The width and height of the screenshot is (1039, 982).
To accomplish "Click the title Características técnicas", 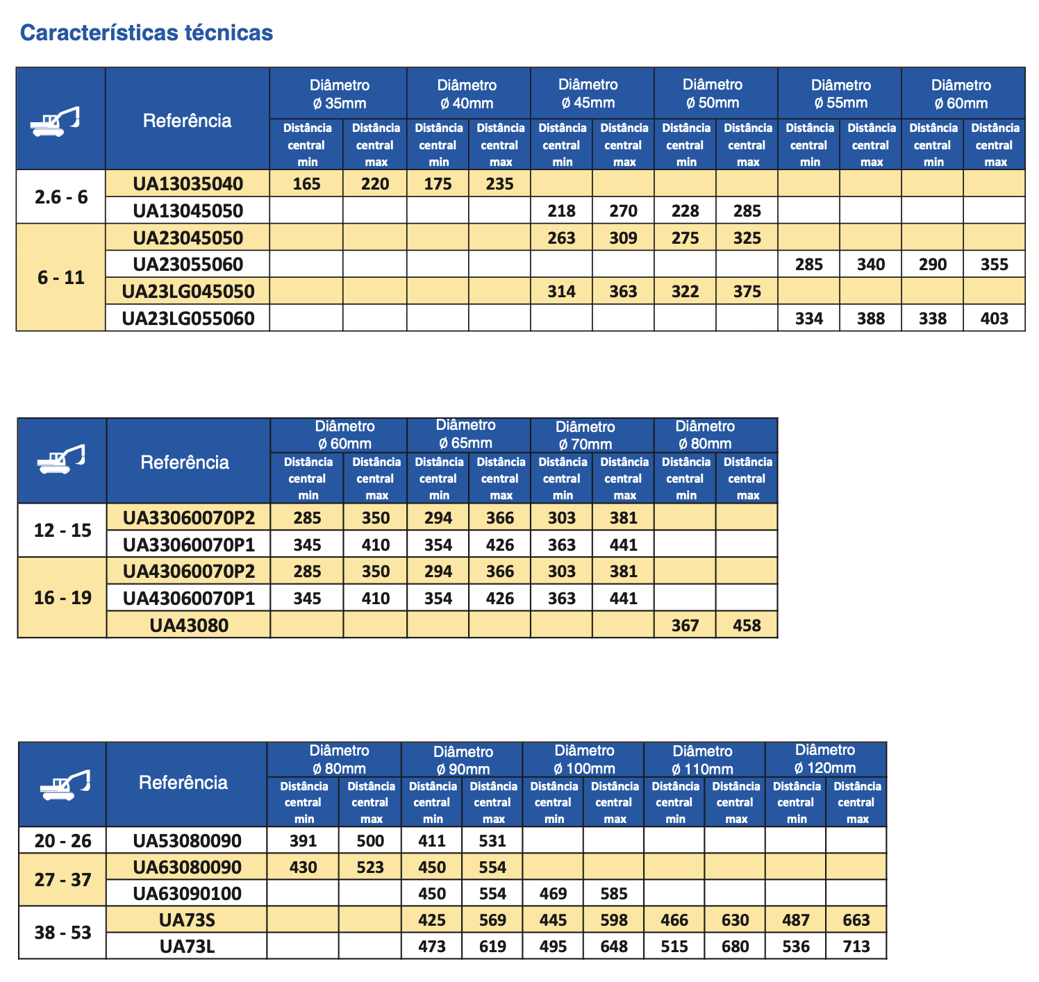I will pos(147,33).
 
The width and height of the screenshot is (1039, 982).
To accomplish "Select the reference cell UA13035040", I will pos(188,184).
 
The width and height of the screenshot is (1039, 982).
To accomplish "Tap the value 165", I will pos(306,184).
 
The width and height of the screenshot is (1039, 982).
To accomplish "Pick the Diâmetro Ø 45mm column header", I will pos(588,94).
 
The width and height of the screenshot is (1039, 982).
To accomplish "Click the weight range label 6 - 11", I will pos(61,278).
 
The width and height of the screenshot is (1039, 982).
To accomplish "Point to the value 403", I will pos(994,319).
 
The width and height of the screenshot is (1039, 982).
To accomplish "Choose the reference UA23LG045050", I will pos(188,292).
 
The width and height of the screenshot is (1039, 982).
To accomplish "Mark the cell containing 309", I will pos(623,238).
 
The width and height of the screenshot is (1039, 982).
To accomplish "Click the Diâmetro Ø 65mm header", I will pos(466,434).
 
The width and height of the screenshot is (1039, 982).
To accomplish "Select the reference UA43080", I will pos(189,626).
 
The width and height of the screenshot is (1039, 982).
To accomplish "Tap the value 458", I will pos(747,626).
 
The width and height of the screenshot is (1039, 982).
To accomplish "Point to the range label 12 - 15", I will pos(63,531).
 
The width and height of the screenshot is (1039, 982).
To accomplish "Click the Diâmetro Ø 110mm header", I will pos(703,760).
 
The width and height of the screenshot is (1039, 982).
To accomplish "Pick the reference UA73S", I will pos(187,920).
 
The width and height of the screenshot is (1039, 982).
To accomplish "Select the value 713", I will pos(856,947).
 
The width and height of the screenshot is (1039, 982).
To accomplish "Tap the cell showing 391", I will pos(303,841).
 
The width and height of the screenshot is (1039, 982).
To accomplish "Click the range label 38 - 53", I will pos(63,933).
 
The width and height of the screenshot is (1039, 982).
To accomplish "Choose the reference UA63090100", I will pos(187,894).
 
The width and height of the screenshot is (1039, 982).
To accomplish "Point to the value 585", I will pos(614,894).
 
